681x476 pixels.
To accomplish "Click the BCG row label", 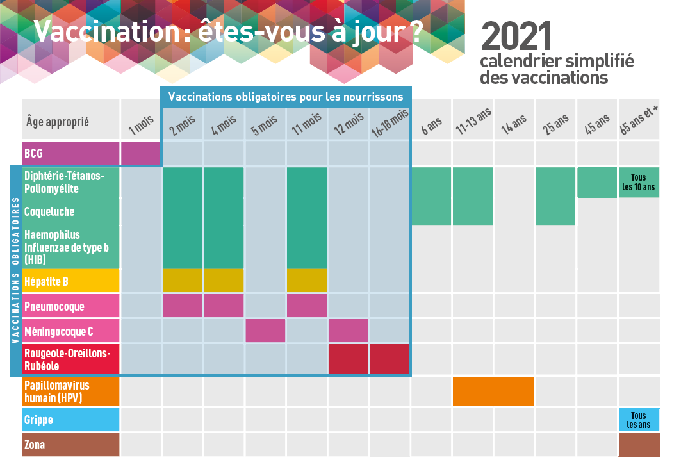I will coord(70,153).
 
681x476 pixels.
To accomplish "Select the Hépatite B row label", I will coord(70,281).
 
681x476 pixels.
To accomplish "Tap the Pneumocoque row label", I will coord(70,306).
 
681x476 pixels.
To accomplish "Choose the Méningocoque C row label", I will coord(70,331).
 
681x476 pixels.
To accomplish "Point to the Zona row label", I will coord(70,445).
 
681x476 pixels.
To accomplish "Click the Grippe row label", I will coord(70,420).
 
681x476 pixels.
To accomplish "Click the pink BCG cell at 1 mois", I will coord(140,153).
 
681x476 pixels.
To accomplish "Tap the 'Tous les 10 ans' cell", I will coord(639,183).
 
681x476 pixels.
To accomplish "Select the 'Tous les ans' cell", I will coord(639,420).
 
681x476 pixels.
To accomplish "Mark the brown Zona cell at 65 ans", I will coord(639,445).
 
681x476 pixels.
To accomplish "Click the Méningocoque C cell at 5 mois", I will coord(265,331).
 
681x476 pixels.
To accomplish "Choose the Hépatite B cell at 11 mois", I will coord(307,280).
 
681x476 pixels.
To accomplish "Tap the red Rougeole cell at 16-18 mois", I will coord(390,359).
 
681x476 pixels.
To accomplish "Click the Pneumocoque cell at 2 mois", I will coord(183,306).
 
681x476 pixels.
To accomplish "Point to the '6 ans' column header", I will coord(432,124).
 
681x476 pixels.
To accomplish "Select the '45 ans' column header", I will coord(598,123).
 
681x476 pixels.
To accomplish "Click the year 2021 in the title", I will coord(516,37).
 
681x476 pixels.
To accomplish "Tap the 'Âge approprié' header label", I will coord(58,122).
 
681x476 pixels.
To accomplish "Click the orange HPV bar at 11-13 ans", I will coord(493,391).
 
